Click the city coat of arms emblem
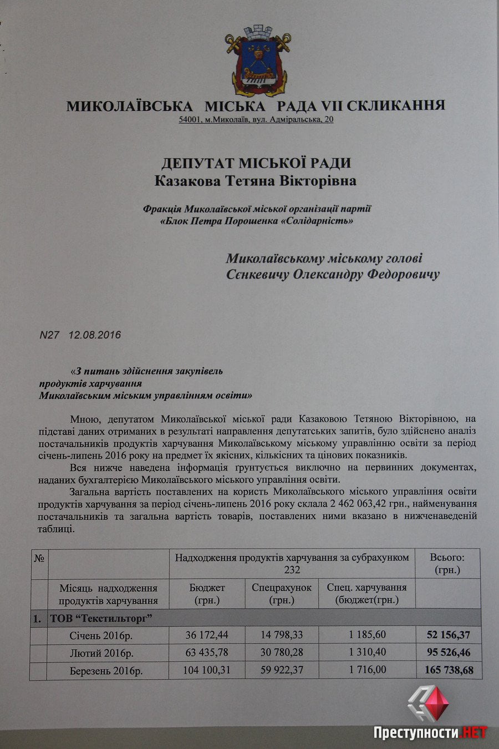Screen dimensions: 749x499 point(256,61)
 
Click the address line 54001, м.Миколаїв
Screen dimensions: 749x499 point(256,119)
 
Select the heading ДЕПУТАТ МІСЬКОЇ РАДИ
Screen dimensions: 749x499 point(256,163)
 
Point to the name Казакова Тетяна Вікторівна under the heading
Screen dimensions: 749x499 point(256,181)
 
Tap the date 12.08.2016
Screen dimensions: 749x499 point(95,335)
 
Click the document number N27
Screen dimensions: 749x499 point(49,335)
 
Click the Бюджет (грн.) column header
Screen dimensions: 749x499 point(207,594)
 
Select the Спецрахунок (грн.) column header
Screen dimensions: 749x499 point(281,594)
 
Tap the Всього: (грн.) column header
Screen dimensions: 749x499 point(447,564)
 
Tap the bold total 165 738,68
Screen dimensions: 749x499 point(449,670)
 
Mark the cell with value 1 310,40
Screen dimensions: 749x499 point(368,652)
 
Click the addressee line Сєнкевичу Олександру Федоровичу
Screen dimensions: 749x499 point(333,275)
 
